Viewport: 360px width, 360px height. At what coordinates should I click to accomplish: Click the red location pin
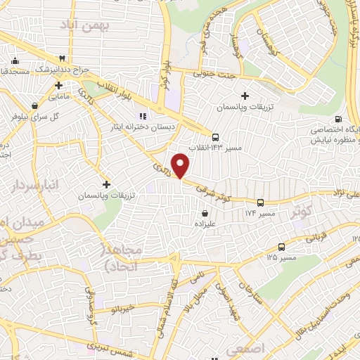[181, 165]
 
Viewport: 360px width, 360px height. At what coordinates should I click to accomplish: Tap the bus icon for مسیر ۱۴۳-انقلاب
[215, 137]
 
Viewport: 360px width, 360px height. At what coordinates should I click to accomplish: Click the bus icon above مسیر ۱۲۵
[281, 247]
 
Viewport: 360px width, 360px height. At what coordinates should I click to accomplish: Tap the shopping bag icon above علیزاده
[205, 213]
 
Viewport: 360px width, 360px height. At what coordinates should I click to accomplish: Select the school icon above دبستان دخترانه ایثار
[141, 116]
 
